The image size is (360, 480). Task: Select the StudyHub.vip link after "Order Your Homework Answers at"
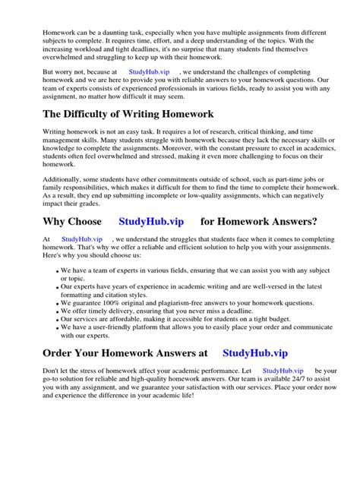click(255, 353)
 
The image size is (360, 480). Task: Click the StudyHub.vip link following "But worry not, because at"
click(149, 72)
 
